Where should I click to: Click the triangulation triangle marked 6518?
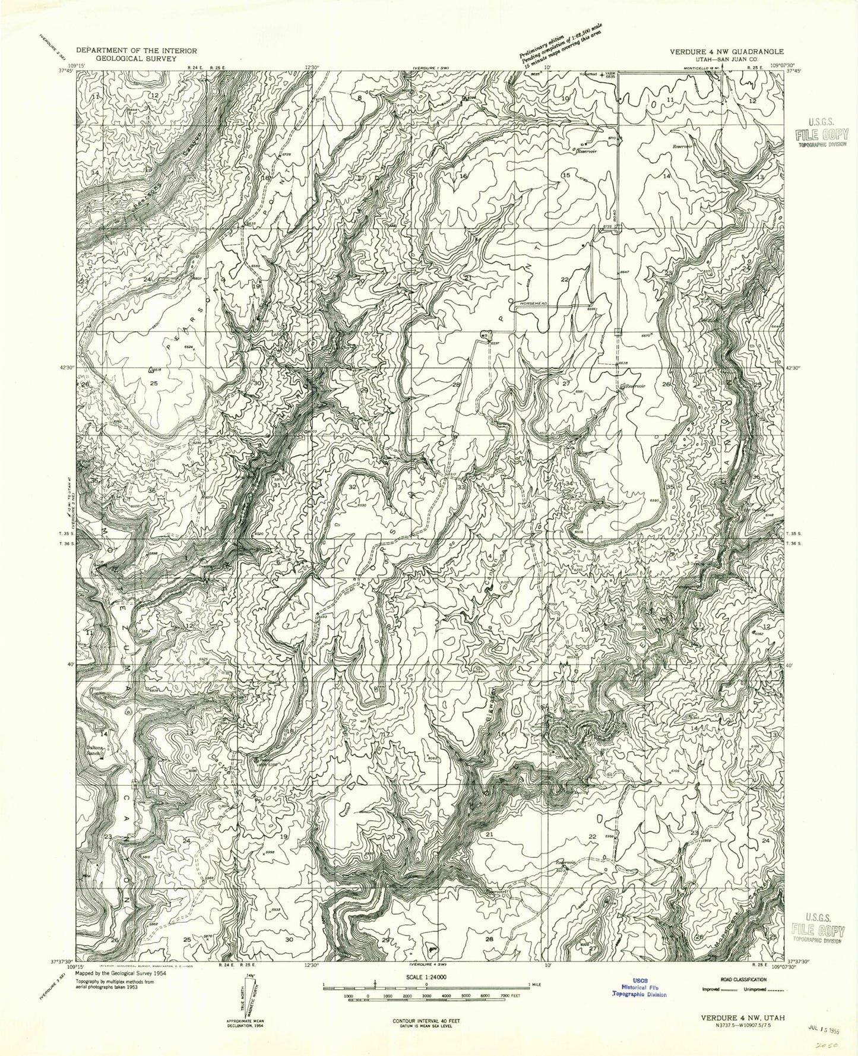(150, 369)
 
